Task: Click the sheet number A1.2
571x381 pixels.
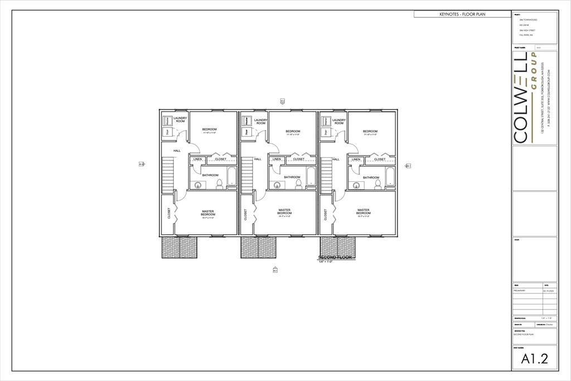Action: [x=534, y=359]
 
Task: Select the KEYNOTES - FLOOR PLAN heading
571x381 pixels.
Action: [x=462, y=14]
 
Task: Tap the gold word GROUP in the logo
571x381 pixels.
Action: [x=534, y=73]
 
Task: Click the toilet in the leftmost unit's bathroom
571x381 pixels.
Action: [x=219, y=183]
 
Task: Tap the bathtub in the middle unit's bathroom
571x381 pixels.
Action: [x=311, y=177]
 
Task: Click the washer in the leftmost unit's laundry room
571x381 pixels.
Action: [x=167, y=121]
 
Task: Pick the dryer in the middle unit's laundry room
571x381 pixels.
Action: [x=246, y=132]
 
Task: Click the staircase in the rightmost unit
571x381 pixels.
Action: [x=326, y=175]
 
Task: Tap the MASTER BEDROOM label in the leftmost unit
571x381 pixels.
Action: [x=207, y=213]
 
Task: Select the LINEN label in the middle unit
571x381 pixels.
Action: [x=277, y=160]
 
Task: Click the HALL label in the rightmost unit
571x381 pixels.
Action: [x=336, y=160]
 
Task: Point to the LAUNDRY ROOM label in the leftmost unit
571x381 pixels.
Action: [x=180, y=120]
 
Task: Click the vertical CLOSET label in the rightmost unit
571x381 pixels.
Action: [x=325, y=214]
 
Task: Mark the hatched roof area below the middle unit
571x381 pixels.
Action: [x=258, y=247]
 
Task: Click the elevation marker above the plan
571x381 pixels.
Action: [x=283, y=101]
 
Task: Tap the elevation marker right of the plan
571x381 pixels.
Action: [x=408, y=166]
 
